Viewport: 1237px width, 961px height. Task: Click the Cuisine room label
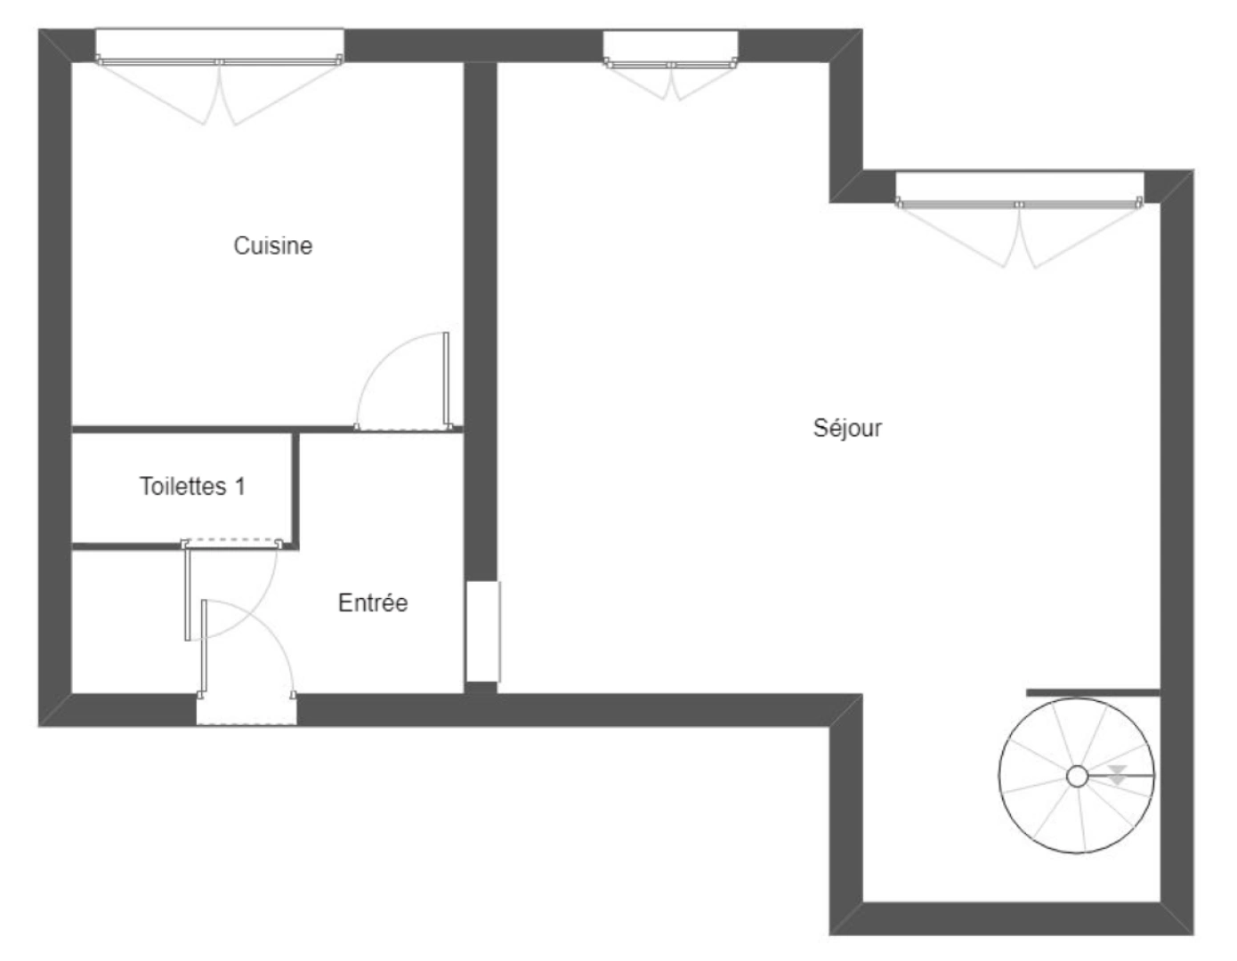point(272,246)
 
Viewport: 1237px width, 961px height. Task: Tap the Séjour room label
point(847,428)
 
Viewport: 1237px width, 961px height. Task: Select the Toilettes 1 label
point(191,487)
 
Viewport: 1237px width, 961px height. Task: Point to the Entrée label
point(373,603)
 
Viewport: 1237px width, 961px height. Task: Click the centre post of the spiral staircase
point(1077,777)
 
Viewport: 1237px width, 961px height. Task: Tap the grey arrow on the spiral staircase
point(1118,774)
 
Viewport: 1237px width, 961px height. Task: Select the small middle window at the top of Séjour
point(670,48)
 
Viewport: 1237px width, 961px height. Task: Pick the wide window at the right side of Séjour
point(1019,189)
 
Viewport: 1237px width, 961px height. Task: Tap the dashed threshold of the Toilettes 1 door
point(232,542)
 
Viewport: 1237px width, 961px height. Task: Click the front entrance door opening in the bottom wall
point(247,710)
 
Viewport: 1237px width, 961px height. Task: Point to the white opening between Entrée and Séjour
point(482,632)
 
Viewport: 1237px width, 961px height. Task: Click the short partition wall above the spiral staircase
point(1093,692)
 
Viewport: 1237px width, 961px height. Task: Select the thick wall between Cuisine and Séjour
point(481,320)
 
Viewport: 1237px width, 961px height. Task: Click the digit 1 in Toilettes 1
point(239,487)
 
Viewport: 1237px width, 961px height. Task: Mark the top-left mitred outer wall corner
point(54,45)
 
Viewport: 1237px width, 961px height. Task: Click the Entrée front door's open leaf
point(205,645)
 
